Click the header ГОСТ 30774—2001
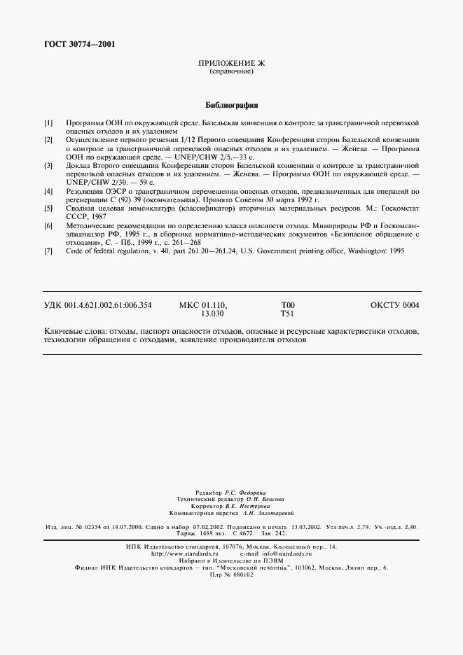point(80,45)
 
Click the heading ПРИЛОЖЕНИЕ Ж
point(231,64)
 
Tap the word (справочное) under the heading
point(231,72)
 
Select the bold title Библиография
point(232,106)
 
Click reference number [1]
point(48,123)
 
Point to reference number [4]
point(48,191)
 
